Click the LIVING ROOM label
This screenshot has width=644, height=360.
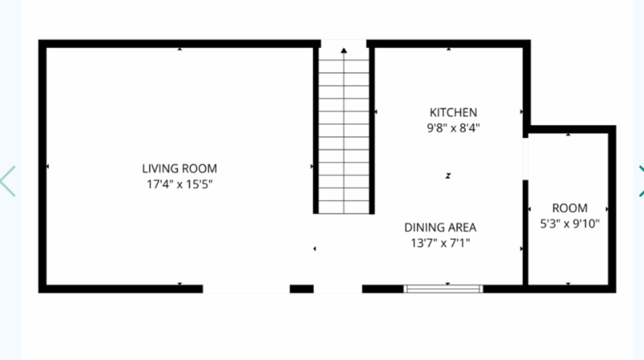[x=179, y=168]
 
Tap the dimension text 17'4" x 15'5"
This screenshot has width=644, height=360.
[x=179, y=183]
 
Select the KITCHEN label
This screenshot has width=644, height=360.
[x=453, y=113]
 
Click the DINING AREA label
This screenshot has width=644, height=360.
[x=440, y=227]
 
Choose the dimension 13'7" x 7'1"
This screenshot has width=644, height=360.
[x=440, y=244]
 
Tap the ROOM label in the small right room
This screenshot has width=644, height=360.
[x=569, y=208]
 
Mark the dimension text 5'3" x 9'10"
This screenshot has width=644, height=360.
[x=569, y=224]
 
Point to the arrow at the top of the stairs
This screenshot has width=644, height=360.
[x=343, y=51]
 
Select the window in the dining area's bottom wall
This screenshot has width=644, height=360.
[x=443, y=289]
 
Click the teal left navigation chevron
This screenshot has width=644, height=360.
[x=8, y=180]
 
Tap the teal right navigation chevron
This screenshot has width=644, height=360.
[x=639, y=180]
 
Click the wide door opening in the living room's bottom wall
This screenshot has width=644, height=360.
[x=246, y=289]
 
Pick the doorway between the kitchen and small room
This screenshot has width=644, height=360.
[x=526, y=159]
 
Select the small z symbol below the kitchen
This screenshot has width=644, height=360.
[x=447, y=177]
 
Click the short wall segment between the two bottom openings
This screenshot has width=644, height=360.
[x=302, y=289]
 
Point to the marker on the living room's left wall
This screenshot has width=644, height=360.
[x=47, y=167]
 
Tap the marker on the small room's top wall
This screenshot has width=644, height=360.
[x=568, y=134]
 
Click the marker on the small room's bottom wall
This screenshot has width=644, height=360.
[x=568, y=284]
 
